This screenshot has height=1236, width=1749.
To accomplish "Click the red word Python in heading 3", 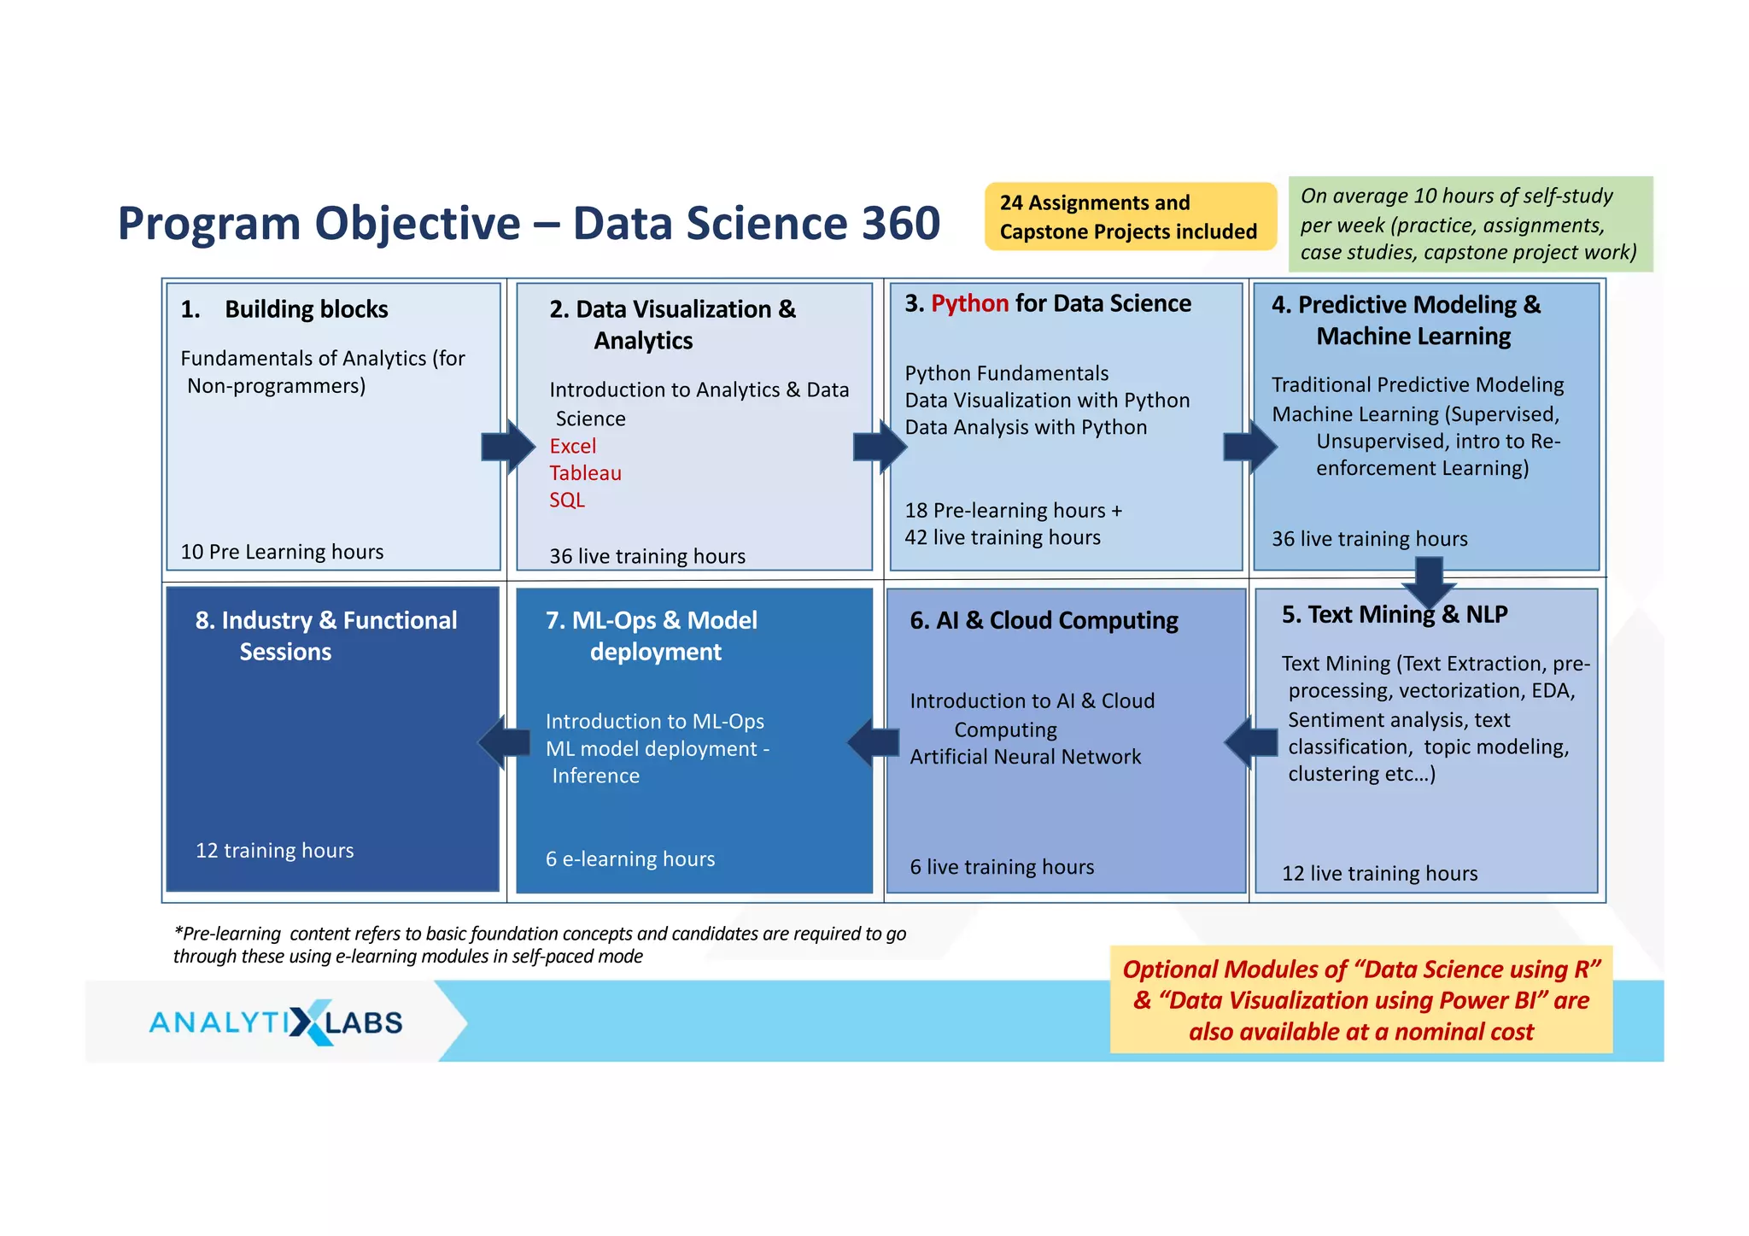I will pyautogui.click(x=969, y=303).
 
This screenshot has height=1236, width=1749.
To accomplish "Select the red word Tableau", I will pyautogui.click(x=585, y=473).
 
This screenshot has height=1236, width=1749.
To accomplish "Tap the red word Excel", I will pyautogui.click(x=572, y=446).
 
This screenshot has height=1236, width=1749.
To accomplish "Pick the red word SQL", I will pyautogui.click(x=567, y=500).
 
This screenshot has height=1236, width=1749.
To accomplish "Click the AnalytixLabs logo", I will pyautogui.click(x=276, y=1022).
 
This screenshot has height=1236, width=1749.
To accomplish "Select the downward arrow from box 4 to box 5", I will pyautogui.click(x=1429, y=581).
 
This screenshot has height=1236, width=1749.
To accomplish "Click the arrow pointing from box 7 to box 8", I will pyautogui.click(x=505, y=741).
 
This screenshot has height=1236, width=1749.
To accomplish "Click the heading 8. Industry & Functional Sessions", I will pyautogui.click(x=325, y=636).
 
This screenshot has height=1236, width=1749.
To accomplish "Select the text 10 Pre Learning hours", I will pyautogui.click(x=282, y=552).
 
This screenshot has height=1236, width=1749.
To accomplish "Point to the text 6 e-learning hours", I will pyautogui.click(x=630, y=859).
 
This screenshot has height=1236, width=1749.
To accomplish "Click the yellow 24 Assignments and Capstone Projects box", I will pyautogui.click(x=1129, y=217).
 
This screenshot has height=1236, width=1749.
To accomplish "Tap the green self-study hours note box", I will pyautogui.click(x=1469, y=224).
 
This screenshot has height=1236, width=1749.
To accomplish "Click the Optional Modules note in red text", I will pyautogui.click(x=1360, y=999).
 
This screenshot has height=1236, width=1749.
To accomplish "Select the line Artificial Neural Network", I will pyautogui.click(x=1025, y=757).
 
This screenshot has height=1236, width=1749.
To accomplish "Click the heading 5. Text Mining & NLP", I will pyautogui.click(x=1394, y=614).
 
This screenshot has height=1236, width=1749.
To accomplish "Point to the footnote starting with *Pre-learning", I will pyautogui.click(x=539, y=945).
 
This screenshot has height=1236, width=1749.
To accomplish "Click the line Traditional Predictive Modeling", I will pyautogui.click(x=1418, y=385).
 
